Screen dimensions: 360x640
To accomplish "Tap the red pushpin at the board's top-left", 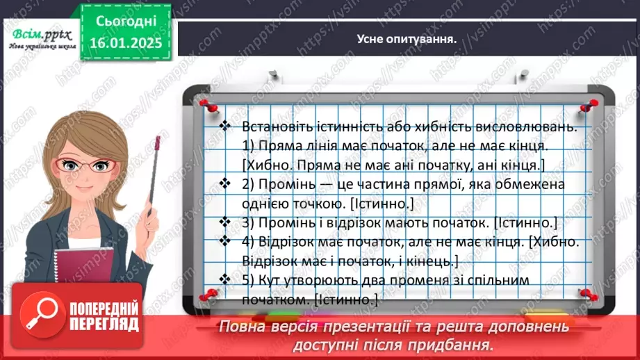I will [205, 103].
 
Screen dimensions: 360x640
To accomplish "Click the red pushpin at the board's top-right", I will [591, 103].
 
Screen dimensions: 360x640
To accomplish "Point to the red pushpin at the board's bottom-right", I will [588, 294].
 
